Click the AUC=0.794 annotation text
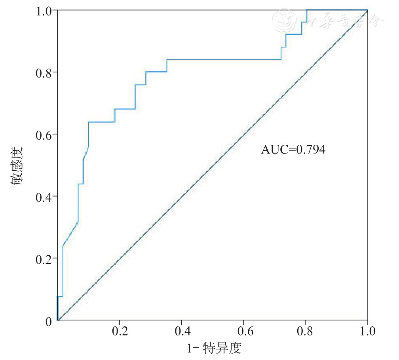[293, 150]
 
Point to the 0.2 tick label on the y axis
[44, 258]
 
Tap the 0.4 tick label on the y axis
[44, 196]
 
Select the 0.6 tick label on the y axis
[44, 134]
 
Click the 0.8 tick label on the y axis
[44, 72]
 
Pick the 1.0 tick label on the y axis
[44, 10]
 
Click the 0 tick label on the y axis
[48, 321]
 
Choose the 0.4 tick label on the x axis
[181, 330]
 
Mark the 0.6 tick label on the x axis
[243, 330]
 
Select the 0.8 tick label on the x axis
[306, 330]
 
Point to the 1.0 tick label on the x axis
[368, 330]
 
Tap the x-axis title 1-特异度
[214, 349]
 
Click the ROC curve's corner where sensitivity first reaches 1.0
[307, 9]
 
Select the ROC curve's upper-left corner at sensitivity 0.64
[89, 122]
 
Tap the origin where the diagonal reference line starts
[58, 320]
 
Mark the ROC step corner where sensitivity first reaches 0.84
[167, 59]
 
